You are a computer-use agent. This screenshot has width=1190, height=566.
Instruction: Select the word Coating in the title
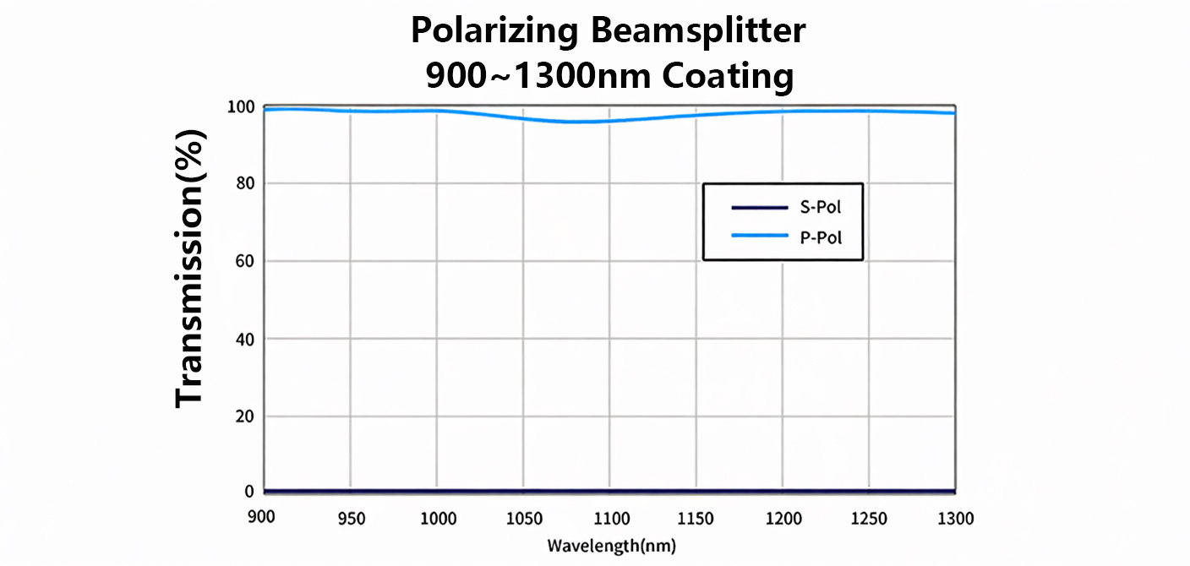coord(728,76)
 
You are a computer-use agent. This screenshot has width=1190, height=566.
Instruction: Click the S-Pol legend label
coord(820,207)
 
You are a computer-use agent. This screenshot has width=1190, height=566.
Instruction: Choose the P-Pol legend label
coord(820,237)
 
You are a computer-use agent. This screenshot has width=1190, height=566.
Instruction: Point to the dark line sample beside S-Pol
coord(759,207)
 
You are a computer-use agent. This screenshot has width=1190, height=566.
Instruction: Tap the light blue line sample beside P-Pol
coord(759,237)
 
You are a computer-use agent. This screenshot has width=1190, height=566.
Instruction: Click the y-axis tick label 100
coord(241,107)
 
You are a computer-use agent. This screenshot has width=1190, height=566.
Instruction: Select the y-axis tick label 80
coord(245,183)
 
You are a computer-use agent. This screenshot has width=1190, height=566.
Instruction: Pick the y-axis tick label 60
coord(245,261)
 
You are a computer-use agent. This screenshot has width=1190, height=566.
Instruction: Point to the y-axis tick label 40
coord(245,339)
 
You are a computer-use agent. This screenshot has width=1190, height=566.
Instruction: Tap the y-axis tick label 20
coord(245,416)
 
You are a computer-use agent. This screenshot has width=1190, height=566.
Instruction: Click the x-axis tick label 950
coord(350,518)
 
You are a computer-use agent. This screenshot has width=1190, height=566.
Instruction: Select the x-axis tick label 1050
coord(523,518)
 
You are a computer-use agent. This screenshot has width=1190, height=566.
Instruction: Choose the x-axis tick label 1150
coord(696,518)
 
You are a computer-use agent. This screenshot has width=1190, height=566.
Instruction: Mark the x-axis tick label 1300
coord(954,518)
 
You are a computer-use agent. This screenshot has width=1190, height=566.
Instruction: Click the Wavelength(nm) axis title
coord(611,545)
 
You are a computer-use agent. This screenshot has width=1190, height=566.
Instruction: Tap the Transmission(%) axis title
coord(191,269)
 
